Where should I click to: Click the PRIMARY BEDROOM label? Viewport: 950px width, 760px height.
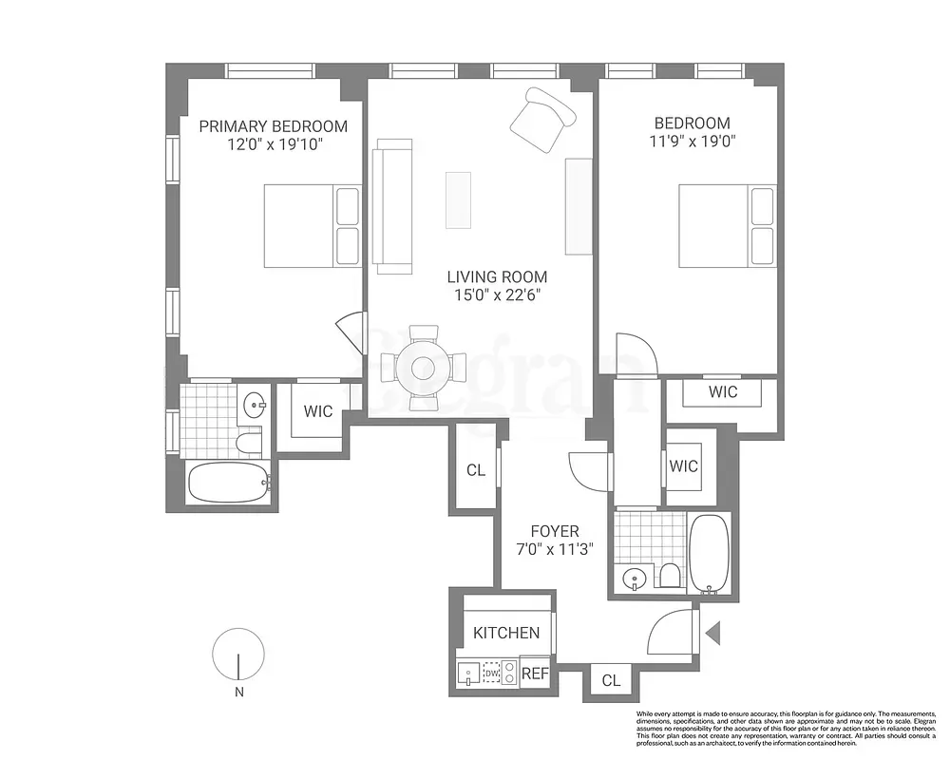[x=272, y=126]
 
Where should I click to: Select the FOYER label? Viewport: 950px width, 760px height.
[x=554, y=531]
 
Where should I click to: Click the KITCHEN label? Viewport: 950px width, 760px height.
[x=506, y=633]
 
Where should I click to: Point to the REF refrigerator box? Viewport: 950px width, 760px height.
[x=536, y=673]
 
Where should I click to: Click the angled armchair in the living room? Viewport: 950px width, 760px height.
[x=542, y=120]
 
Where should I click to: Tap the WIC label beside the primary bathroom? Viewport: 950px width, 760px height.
[x=317, y=412]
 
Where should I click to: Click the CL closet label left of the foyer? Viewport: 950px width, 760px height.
[x=476, y=470]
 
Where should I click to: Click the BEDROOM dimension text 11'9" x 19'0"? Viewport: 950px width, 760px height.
[x=692, y=142]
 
